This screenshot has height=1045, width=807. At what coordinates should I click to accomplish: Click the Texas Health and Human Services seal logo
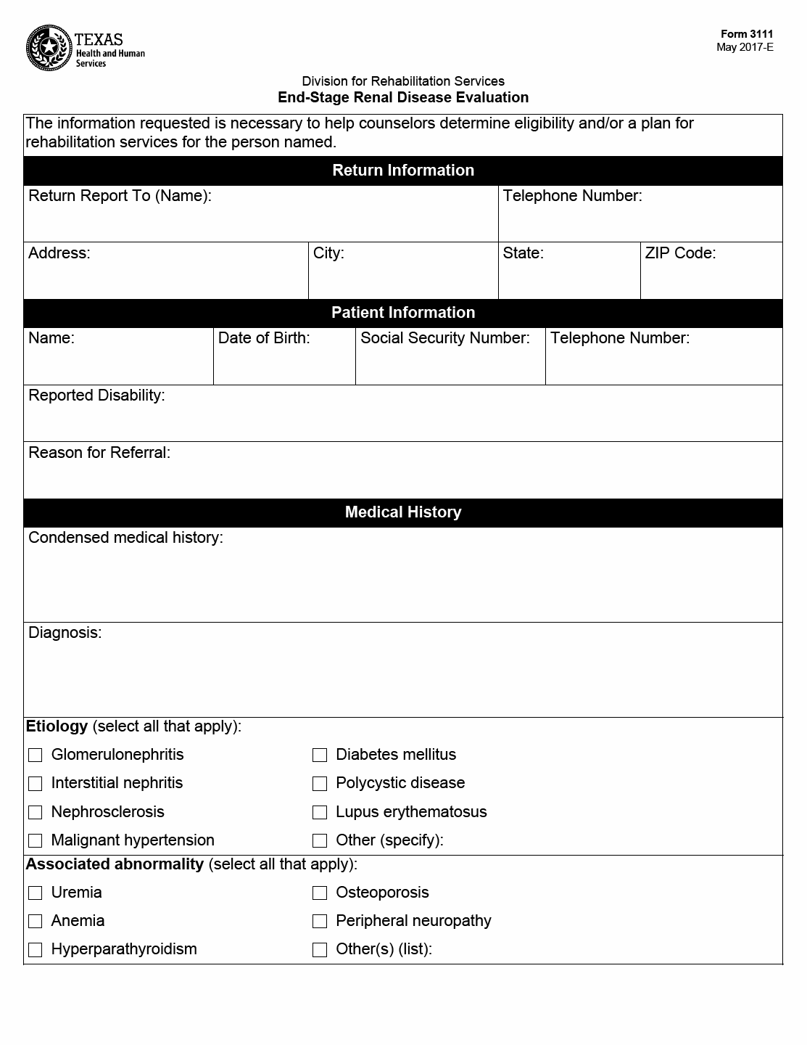[49, 48]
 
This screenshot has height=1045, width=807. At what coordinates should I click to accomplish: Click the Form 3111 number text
[747, 34]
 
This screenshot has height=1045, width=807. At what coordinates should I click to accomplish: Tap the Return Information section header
[403, 171]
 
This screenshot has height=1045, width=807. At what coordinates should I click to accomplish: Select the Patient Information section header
[403, 313]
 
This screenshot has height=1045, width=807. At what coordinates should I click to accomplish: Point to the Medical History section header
[403, 512]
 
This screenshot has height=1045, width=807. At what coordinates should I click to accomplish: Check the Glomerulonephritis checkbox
[36, 755]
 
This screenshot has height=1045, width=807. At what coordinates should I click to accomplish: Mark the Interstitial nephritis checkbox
[36, 784]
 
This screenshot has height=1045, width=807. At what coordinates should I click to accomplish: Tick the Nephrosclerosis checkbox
[36, 813]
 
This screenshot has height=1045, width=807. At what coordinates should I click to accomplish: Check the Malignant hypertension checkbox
[36, 841]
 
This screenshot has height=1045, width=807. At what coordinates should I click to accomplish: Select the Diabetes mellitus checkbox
[320, 755]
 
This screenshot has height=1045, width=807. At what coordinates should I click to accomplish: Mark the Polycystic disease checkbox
[320, 784]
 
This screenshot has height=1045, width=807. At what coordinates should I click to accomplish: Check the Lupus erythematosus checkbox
[320, 813]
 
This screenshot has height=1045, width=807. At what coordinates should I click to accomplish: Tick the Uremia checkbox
[36, 893]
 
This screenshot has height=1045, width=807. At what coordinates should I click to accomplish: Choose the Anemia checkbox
[36, 922]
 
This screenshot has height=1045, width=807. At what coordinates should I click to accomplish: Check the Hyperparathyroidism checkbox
[36, 950]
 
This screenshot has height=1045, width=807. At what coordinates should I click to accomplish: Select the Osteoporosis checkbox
[320, 893]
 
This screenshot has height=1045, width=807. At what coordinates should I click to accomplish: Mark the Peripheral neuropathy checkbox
[320, 922]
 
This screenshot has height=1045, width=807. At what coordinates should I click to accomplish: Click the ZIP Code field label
[680, 253]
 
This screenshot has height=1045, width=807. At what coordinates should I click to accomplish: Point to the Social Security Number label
[445, 338]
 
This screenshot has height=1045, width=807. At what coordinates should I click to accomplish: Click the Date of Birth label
[264, 338]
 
